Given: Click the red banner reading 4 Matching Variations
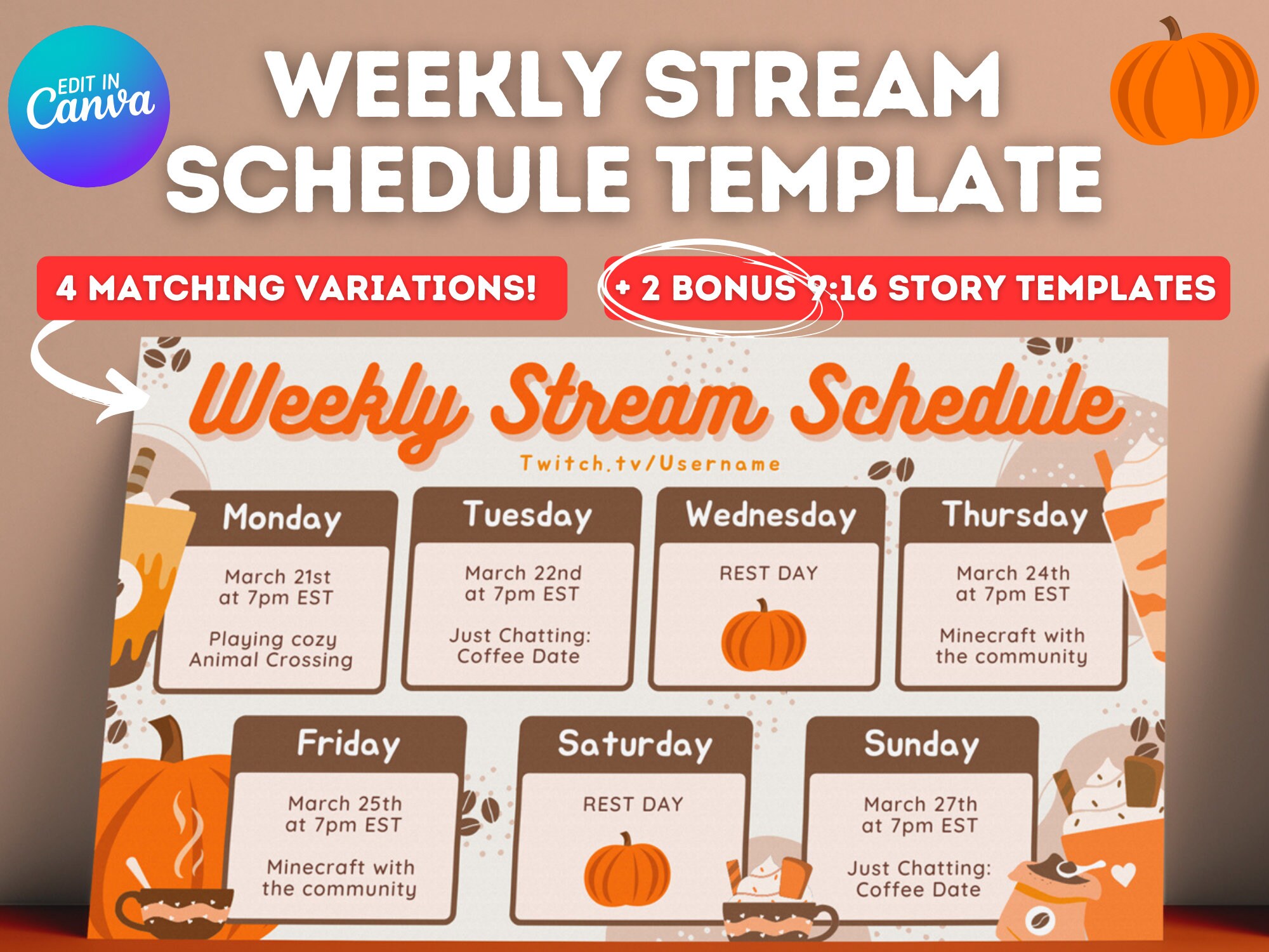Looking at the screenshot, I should tap(301, 288).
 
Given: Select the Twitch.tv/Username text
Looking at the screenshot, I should tap(650, 463).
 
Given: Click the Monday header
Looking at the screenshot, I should tap(282, 518).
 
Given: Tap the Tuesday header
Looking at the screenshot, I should tap(527, 515).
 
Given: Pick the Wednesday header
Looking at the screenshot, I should tap(770, 515).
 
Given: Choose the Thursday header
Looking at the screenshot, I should tap(1015, 515).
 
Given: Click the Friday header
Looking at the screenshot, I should tap(348, 744).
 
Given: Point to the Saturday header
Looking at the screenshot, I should tap(634, 744).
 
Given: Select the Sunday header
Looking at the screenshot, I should tap(921, 744).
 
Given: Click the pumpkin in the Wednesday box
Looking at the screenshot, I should tap(764, 637).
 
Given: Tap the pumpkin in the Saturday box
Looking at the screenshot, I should tap(627, 869).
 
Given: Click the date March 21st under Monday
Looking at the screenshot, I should tap(278, 577).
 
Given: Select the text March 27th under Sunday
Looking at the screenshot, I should tap(921, 804).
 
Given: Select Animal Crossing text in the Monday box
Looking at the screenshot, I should tap(271, 660).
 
